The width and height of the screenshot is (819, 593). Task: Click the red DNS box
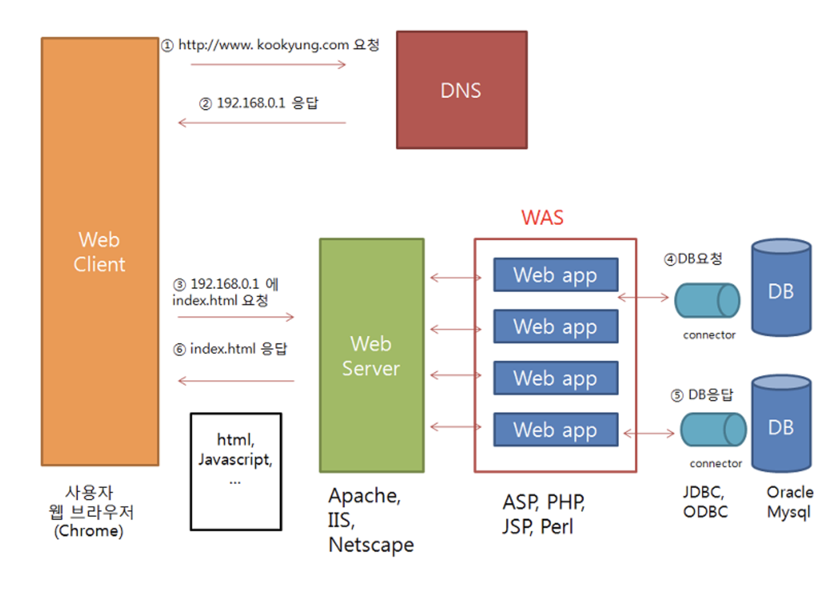pos(461,90)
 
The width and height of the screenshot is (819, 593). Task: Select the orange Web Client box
pos(100,251)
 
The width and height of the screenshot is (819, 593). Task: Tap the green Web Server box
pos(372,355)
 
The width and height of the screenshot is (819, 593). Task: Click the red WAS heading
pos(542,218)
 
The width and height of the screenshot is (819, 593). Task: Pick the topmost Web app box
pos(555,275)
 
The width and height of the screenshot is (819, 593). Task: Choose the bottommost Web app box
pos(555,429)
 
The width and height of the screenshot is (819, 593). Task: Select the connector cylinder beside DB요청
pos(706,300)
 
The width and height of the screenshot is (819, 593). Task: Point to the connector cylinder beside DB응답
pos(713,429)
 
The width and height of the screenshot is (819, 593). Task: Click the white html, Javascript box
pos(236,471)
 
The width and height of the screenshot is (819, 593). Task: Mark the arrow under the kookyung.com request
pos(268,64)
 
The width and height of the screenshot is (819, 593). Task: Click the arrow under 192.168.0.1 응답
pos(261,122)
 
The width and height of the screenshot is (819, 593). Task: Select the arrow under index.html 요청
pos(233,317)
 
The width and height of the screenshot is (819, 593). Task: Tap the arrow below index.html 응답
pos(236,381)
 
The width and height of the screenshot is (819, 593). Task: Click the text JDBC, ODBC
pos(705,502)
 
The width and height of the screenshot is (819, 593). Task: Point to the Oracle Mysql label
pos(789,502)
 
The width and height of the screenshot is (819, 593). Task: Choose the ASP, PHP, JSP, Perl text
pos(543,514)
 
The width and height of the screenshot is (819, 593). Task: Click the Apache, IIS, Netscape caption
pos(371,520)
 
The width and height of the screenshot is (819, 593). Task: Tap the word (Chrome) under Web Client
pos(89,531)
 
